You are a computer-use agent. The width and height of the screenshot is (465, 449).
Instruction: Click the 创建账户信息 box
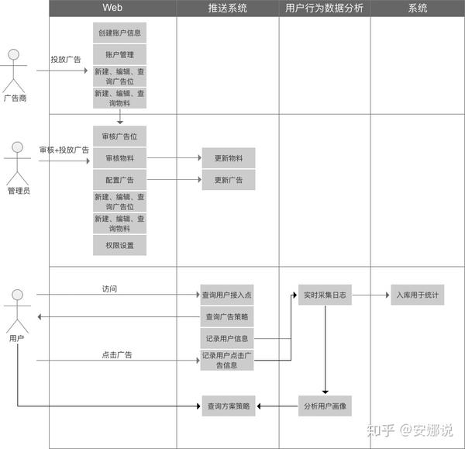coord(119,33)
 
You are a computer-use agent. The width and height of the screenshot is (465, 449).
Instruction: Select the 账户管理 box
coord(119,54)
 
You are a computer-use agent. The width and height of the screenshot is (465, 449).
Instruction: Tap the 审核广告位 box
coord(119,136)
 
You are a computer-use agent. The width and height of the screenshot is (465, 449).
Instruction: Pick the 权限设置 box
coord(119,245)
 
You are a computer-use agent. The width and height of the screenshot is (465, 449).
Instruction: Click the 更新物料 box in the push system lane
coord(229,158)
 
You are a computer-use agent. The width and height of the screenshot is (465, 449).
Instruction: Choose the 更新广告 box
coord(229,180)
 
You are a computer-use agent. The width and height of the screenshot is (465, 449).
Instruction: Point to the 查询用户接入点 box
coord(227,295)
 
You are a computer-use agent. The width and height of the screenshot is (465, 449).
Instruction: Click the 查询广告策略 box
coord(227,316)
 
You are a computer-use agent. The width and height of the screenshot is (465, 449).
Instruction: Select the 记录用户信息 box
coord(227,338)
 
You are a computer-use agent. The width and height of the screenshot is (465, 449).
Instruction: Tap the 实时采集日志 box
coord(325,295)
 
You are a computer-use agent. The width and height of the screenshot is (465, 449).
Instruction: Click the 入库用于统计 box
coord(418,295)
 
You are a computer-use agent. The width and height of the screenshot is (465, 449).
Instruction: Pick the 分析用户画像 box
coord(325,406)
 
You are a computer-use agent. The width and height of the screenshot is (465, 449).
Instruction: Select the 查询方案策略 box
coord(229,406)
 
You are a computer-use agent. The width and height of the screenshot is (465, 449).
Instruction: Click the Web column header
coord(112,8)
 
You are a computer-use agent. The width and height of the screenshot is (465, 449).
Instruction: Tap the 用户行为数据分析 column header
coord(325,8)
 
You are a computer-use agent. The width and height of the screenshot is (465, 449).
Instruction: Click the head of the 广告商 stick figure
coord(13,54)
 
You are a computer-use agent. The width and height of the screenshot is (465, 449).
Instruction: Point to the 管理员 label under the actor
coord(19,191)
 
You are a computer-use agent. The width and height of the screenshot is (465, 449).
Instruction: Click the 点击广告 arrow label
coord(117,354)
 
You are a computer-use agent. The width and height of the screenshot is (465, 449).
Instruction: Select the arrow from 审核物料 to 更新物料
coord(174,158)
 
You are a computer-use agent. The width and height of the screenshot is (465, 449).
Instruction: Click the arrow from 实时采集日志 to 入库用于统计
coord(370,295)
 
